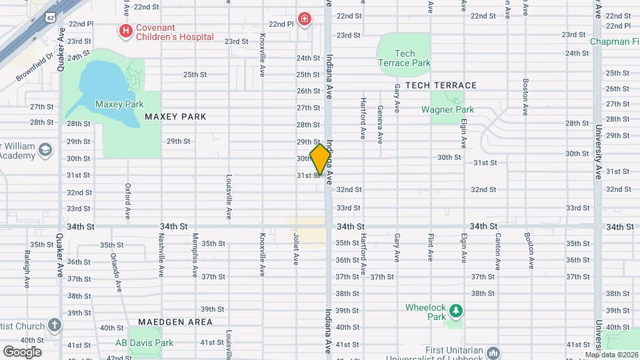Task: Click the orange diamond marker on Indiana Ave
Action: [321, 159]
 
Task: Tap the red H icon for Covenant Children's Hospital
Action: [124, 30]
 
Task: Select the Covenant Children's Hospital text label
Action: [175, 31]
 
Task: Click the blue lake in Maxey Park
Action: [103, 83]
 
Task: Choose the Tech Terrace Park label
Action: [404, 58]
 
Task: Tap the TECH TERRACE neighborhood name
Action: [441, 85]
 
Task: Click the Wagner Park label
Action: [447, 109]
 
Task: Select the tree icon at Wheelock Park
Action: [456, 311]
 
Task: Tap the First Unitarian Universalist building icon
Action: [493, 352]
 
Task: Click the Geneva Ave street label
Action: [380, 125]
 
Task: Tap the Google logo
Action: [22, 351]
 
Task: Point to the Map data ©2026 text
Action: [611, 355]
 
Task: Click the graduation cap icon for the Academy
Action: [45, 149]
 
